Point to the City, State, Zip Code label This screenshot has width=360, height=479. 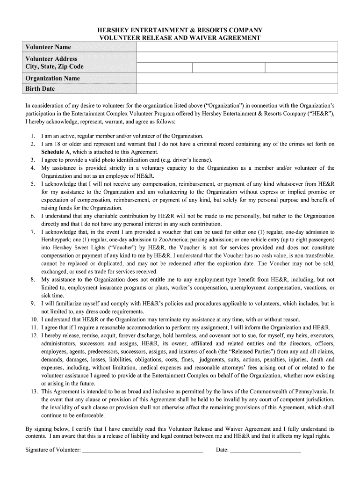click(x=54, y=66)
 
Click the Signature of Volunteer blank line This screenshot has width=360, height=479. click(x=142, y=450)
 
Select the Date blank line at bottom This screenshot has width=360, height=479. click(x=265, y=450)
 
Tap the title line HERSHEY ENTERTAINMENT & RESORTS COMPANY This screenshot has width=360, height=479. click(x=180, y=30)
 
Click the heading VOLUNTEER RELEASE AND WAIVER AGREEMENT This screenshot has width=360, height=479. click(x=180, y=38)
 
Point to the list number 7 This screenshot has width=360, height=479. click(x=33, y=232)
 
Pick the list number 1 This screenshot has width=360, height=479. click(x=33, y=136)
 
